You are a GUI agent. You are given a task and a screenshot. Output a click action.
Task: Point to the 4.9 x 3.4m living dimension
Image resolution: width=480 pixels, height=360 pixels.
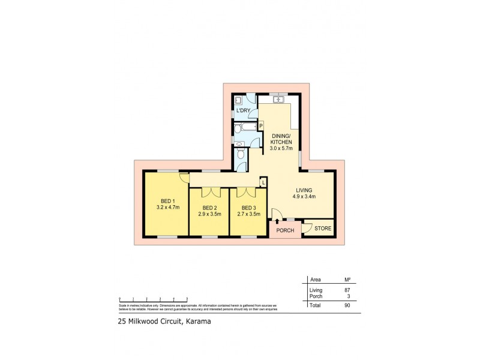(305, 196)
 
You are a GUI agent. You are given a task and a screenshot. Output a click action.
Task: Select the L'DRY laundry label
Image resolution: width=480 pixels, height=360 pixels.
(243, 111)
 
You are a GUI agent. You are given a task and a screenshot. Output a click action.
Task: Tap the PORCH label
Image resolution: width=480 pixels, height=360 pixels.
(284, 230)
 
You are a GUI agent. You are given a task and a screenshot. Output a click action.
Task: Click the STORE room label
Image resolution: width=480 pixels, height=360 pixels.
(322, 229)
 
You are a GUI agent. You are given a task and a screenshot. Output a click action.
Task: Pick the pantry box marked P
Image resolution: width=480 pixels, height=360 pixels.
(261, 125)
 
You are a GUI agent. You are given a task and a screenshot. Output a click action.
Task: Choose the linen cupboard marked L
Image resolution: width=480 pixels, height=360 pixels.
(263, 182)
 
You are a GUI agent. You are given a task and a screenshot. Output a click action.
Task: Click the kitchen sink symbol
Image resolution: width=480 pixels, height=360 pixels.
(278, 99)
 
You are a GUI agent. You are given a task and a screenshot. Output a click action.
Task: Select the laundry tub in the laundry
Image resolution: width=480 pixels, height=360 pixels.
(238, 100)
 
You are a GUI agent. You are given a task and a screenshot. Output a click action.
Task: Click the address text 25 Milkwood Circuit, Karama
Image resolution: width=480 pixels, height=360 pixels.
(160, 321)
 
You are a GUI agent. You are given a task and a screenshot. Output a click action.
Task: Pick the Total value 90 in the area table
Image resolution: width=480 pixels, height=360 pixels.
(347, 305)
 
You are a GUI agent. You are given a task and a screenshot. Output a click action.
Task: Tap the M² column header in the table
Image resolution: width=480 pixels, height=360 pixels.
(346, 279)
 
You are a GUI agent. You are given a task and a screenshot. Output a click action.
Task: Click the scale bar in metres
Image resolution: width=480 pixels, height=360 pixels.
(154, 298)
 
